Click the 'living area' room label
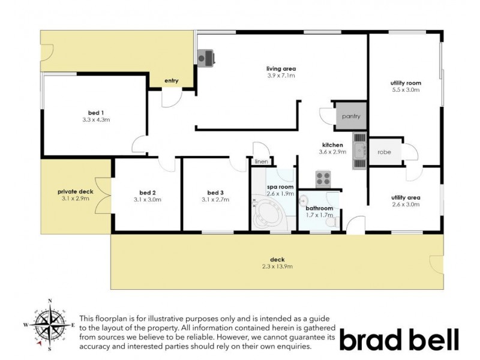tap(281, 68)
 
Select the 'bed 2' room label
tap(147, 193)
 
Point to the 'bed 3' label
tap(215, 193)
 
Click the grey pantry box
tap(350, 116)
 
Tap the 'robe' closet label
tap(384, 152)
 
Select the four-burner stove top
tap(324, 178)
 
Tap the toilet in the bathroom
tap(330, 223)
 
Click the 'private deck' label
tap(76, 191)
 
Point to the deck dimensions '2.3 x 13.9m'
tap(277, 266)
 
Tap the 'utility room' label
tap(406, 83)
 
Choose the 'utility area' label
tap(406, 197)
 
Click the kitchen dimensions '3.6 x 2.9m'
tap(332, 152)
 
